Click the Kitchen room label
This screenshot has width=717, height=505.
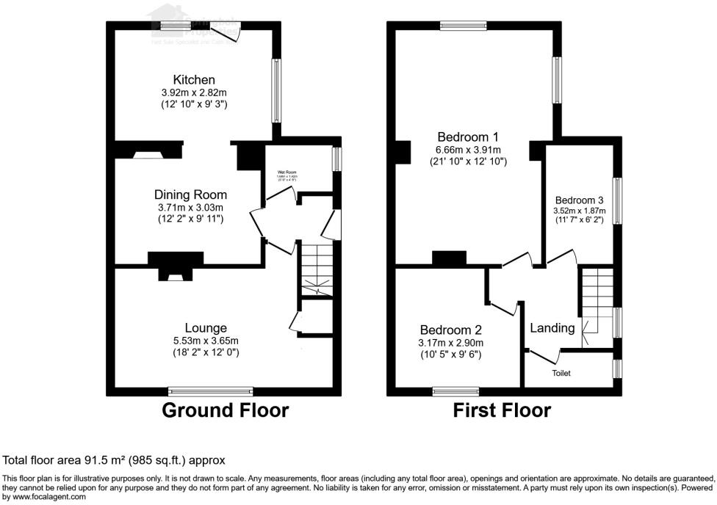click(194, 79)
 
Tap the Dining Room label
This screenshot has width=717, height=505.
click(190, 195)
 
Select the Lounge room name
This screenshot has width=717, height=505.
click(206, 327)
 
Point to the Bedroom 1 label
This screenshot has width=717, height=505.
click(468, 137)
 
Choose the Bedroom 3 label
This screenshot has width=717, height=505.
click(579, 200)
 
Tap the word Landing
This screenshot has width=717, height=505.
click(552, 328)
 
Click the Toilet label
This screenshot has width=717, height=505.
click(561, 373)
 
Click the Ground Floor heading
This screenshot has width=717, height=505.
click(225, 410)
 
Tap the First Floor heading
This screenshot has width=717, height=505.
click(502, 410)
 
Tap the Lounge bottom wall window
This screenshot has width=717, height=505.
click(210, 390)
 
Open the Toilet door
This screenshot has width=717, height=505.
click(544, 357)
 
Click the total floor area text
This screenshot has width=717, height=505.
click(114, 460)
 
